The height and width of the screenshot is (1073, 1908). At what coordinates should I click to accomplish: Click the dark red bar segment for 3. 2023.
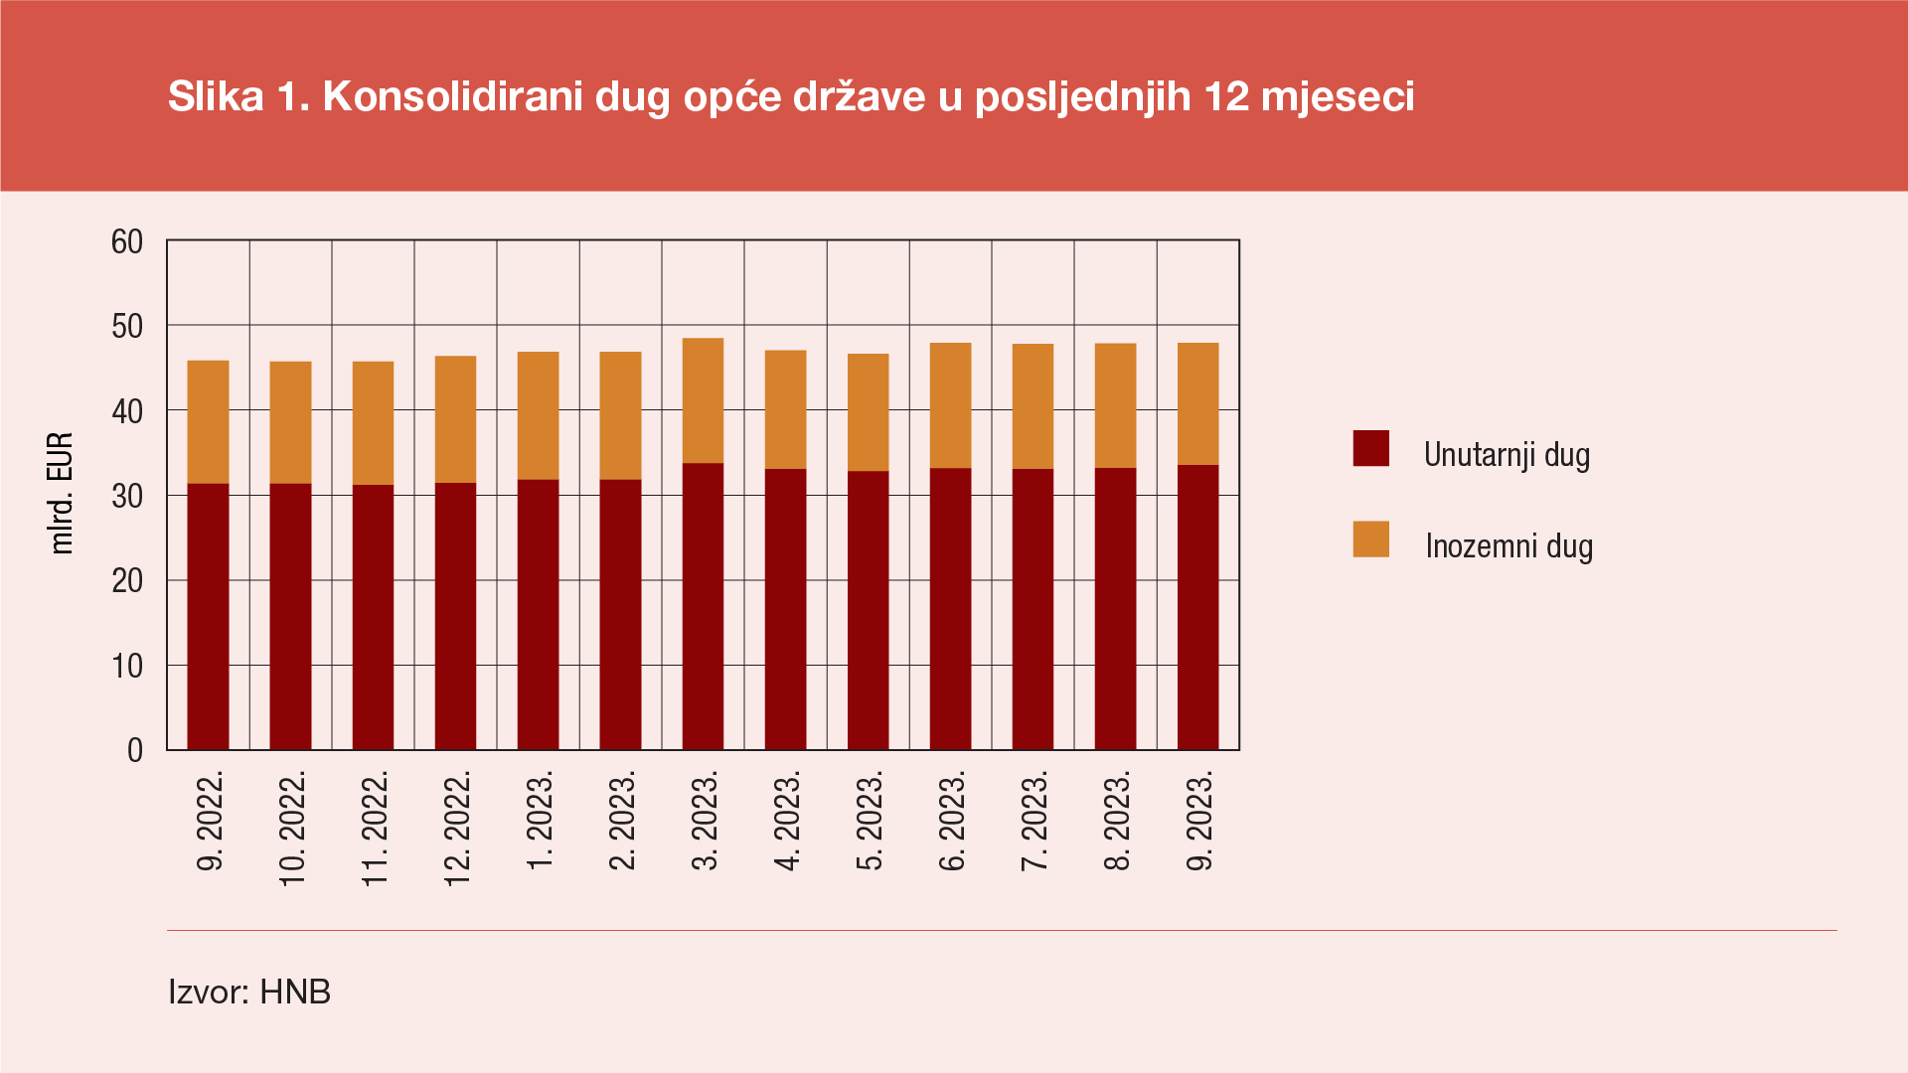tap(703, 606)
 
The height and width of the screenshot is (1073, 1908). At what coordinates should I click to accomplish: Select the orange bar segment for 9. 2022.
tap(208, 422)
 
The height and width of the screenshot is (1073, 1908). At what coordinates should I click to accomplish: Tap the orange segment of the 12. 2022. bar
tap(455, 419)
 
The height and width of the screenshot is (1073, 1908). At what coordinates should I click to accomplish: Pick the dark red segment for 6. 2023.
tap(950, 608)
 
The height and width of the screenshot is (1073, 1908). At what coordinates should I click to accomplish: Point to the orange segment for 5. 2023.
tap(868, 412)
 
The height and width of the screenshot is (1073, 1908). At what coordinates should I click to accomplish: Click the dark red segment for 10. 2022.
tap(290, 616)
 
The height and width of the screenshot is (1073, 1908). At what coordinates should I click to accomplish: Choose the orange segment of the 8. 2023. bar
tap(1115, 405)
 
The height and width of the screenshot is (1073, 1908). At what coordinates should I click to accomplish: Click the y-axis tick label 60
tap(127, 241)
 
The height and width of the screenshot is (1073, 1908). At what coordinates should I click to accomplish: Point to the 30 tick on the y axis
tap(127, 496)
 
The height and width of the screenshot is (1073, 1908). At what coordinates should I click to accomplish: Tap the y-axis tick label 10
tap(127, 666)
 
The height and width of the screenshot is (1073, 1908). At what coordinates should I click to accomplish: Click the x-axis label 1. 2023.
tap(539, 821)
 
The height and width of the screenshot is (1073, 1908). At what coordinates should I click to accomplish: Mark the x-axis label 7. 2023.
tap(1033, 821)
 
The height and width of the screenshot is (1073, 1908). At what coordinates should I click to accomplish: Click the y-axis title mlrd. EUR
tap(62, 494)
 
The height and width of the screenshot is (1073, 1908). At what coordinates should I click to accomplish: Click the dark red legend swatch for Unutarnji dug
tap(1370, 448)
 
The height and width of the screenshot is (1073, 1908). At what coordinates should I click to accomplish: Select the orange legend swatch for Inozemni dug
tap(1370, 539)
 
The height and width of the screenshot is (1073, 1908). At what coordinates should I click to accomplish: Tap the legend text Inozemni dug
tap(1509, 545)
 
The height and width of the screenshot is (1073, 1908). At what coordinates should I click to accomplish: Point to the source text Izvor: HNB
tap(249, 992)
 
